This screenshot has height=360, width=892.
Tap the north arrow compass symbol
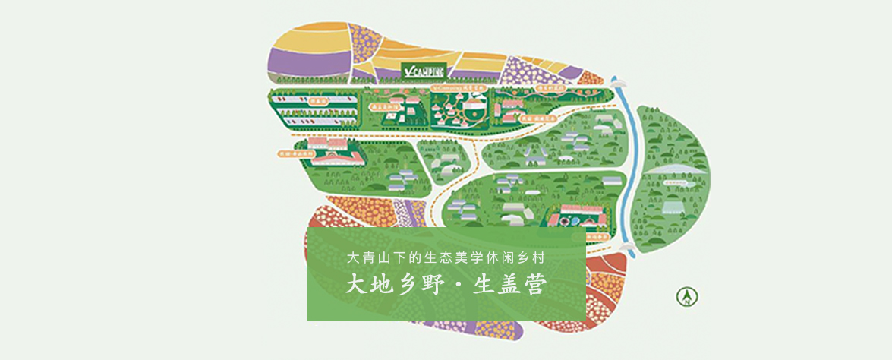687,296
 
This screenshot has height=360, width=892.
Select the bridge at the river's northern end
618,81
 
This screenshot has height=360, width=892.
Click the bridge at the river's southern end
627,248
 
